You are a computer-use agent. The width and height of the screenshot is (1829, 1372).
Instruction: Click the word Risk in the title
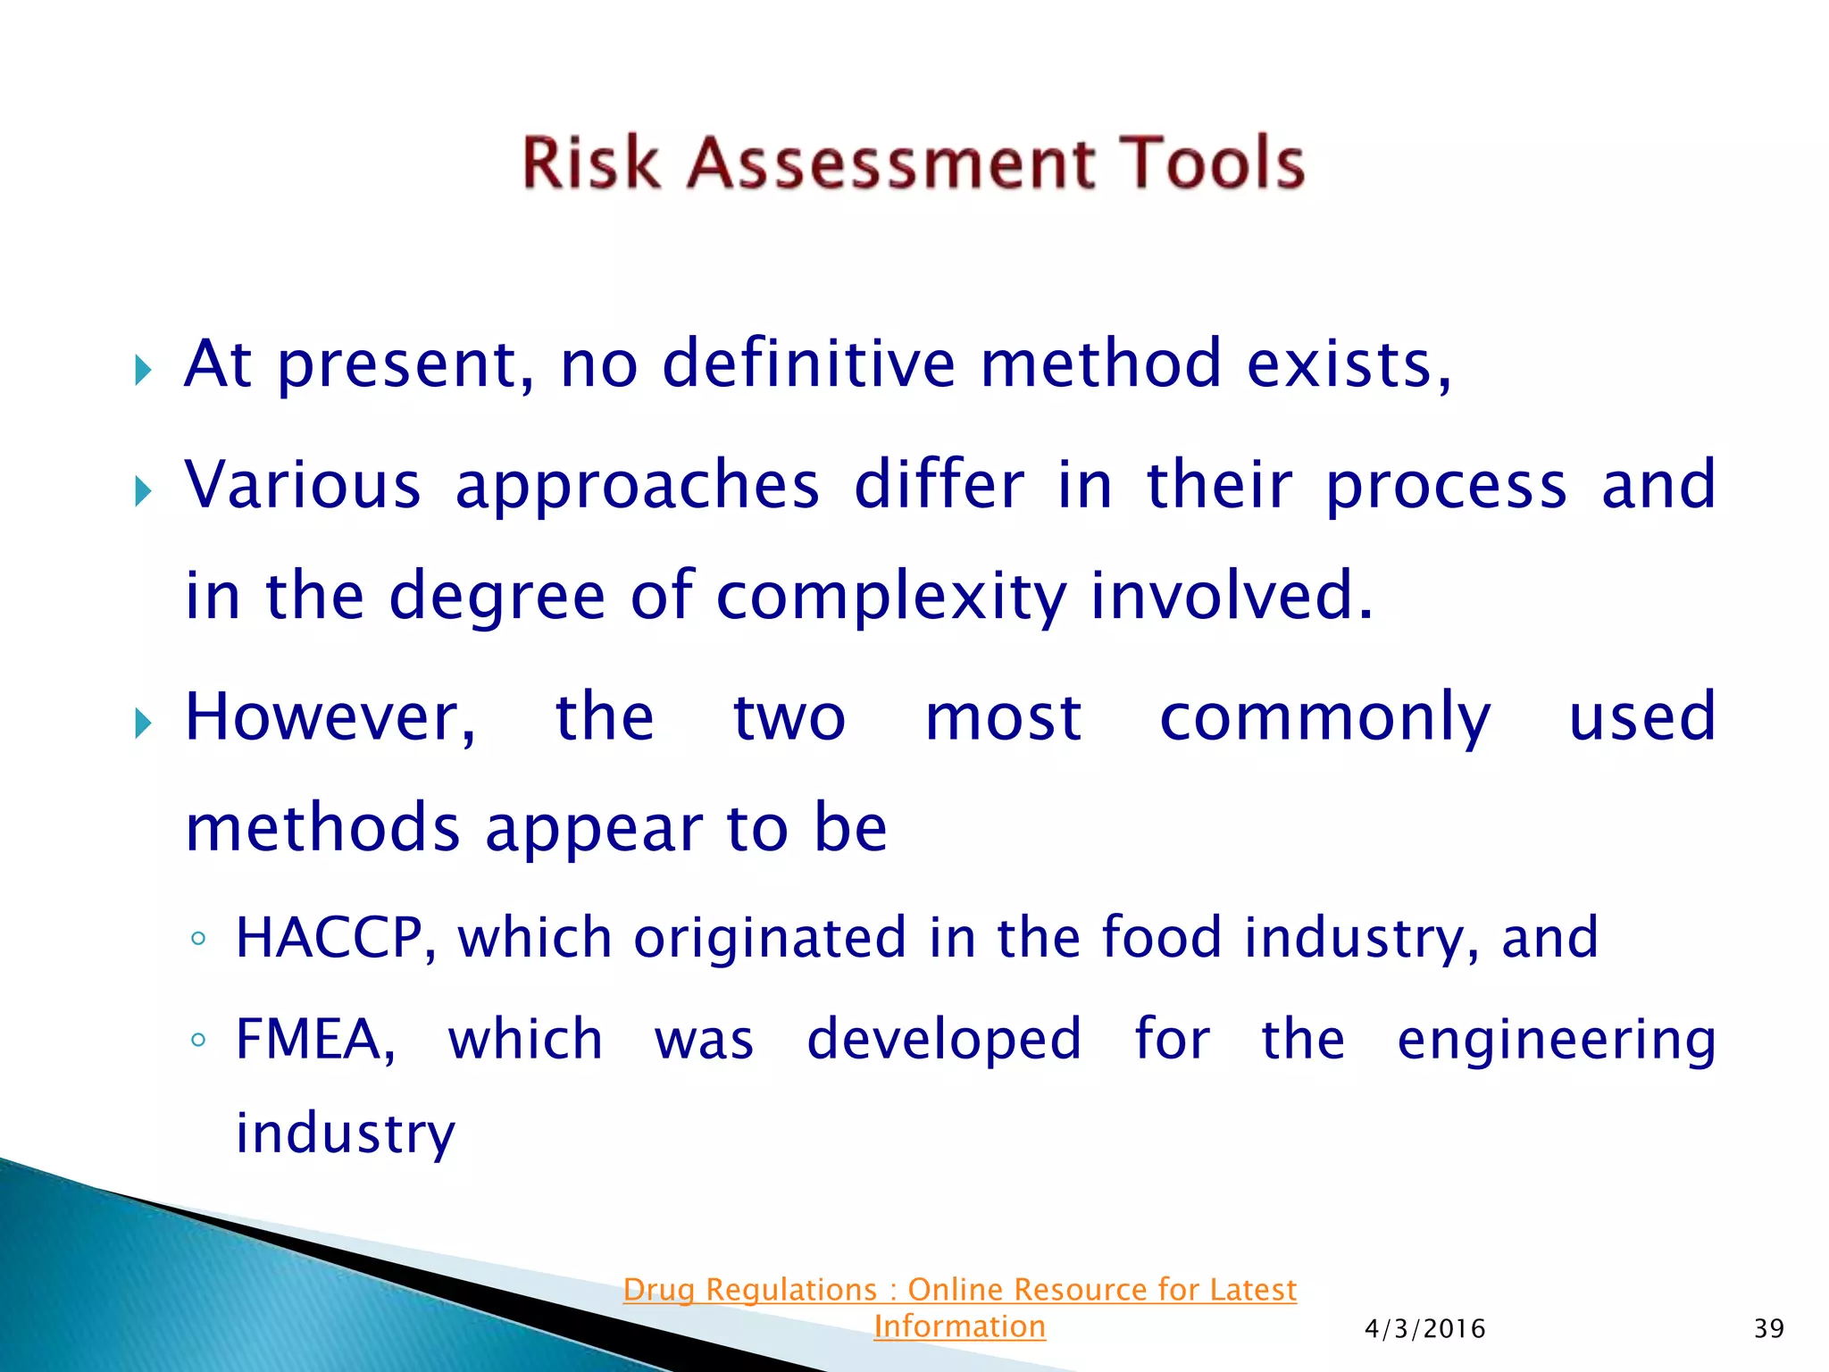coord(589,163)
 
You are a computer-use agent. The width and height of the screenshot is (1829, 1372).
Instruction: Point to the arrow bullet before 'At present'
coord(143,369)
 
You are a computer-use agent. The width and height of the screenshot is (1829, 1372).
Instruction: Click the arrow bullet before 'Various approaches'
coord(143,490)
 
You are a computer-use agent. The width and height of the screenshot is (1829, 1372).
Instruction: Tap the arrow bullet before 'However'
coord(143,723)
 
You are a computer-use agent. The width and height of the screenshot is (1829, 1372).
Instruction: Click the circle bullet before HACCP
coord(198,940)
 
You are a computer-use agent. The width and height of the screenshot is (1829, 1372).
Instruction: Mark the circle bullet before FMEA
coord(198,1041)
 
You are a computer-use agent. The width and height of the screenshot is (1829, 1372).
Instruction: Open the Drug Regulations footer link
coord(959,1290)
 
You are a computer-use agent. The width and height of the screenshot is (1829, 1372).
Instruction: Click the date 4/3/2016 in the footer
coord(1424,1329)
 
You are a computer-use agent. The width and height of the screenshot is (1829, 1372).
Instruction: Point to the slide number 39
coord(1768,1329)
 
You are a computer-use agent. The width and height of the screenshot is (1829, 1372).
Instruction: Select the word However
coord(330,718)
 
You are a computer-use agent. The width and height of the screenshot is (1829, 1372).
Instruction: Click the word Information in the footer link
coord(959,1326)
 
